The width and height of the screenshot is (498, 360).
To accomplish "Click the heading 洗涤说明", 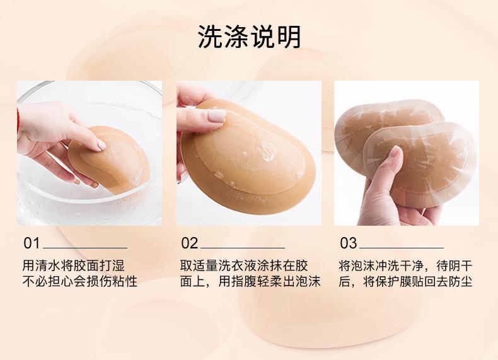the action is [249, 37].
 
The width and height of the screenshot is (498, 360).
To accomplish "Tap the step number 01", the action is [32, 243].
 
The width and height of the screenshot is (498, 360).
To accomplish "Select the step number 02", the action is [190, 243].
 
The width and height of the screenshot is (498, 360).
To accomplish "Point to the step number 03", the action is [349, 243].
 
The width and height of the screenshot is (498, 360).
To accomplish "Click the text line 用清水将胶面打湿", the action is [73, 265].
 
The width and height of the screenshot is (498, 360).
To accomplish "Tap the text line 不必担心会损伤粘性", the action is [79, 282].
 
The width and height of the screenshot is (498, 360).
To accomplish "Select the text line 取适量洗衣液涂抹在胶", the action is [244, 265].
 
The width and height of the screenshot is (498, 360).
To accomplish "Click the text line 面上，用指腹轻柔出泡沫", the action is [251, 282].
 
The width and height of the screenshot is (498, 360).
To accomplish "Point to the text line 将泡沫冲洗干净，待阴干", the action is [405, 265].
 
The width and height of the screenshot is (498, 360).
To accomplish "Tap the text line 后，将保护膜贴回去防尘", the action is [405, 282].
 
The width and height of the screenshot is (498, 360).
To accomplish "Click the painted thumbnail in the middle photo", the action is [217, 115].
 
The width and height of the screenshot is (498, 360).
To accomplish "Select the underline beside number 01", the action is [85, 248].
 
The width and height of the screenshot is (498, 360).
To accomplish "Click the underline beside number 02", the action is [243, 248].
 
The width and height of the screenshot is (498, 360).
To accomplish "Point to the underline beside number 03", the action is [402, 248].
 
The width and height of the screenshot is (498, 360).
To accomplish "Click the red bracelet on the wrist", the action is [18, 119].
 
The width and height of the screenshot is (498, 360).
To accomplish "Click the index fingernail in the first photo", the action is [101, 145].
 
